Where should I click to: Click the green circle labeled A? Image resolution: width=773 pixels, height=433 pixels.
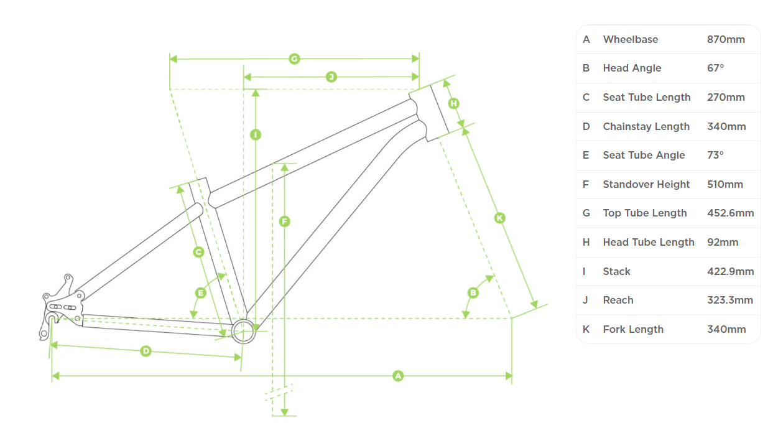(398, 376)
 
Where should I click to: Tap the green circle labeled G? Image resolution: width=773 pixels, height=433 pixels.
(294, 59)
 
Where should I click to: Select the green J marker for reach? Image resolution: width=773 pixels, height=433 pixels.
(331, 77)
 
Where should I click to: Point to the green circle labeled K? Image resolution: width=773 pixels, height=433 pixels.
(499, 218)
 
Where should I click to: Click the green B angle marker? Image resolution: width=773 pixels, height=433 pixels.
(473, 292)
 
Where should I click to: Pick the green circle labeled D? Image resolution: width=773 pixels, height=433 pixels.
(146, 351)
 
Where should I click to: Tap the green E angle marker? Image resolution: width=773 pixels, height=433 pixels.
(200, 292)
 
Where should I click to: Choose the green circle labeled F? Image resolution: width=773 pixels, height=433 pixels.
(284, 221)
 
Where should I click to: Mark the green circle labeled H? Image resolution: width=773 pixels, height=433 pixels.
(453, 103)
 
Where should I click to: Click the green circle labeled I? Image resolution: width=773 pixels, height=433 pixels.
(255, 134)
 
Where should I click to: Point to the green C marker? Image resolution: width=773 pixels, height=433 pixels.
(199, 252)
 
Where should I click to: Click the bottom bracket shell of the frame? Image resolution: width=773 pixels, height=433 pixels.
(244, 331)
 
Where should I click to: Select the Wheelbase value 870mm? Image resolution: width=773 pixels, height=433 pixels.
(726, 39)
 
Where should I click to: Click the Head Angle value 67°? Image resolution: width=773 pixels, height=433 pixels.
(715, 68)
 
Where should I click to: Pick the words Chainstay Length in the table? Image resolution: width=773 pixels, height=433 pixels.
(646, 126)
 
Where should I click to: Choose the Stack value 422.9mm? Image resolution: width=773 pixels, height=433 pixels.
(730, 271)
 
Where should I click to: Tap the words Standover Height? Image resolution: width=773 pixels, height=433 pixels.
(646, 184)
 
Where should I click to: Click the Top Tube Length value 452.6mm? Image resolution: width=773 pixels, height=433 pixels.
(730, 213)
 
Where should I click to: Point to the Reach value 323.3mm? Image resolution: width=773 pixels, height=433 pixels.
(730, 300)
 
